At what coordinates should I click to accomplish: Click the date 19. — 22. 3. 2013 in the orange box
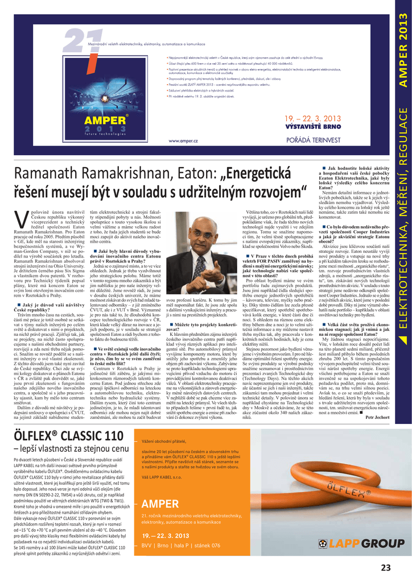(166, 535)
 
